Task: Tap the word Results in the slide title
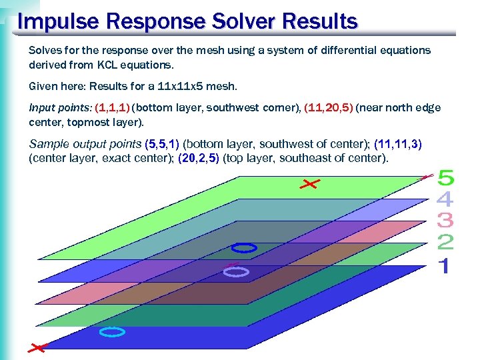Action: (x=320, y=22)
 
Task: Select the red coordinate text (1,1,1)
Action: (x=113, y=108)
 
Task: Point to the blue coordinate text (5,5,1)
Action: (x=162, y=144)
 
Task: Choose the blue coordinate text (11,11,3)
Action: (x=398, y=144)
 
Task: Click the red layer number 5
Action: (x=445, y=178)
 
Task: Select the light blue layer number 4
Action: (x=445, y=199)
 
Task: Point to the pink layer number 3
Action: (x=445, y=219)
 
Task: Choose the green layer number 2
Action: (x=445, y=242)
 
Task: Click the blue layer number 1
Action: (x=444, y=266)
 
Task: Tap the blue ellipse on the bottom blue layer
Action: (x=112, y=331)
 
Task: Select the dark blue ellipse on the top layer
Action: (x=244, y=248)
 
